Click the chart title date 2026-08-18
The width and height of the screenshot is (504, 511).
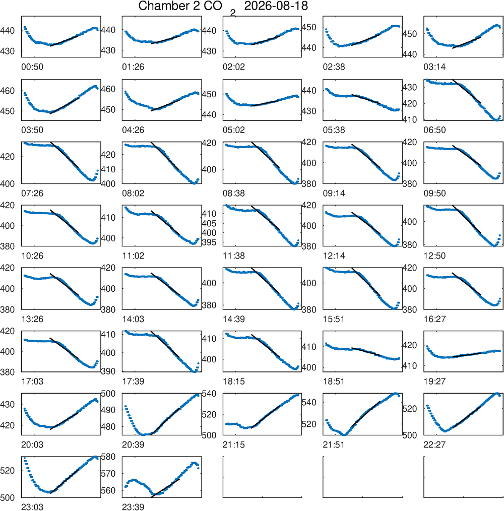[276, 6]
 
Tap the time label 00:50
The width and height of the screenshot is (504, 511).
[32, 67]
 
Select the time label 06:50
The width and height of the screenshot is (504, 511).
[434, 130]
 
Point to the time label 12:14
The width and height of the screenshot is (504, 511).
[334, 256]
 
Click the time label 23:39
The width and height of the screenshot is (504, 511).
[133, 507]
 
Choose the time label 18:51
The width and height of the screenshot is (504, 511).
[334, 381]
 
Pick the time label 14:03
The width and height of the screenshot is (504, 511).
[133, 319]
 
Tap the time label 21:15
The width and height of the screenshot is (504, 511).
[234, 444]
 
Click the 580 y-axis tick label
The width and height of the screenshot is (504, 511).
[108, 457]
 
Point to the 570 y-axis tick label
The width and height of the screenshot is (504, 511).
[108, 473]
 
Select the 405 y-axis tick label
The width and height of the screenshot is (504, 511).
[209, 223]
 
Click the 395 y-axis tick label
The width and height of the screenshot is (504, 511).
[209, 242]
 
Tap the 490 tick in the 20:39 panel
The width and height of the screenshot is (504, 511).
[108, 410]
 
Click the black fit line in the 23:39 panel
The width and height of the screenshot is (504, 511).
[165, 488]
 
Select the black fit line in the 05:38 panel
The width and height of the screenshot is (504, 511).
[366, 99]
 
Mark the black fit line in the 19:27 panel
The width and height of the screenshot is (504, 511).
[467, 355]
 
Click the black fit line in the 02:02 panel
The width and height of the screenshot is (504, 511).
[266, 41]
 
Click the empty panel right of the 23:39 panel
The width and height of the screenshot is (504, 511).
[263, 477]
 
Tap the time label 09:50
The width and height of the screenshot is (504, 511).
[434, 193]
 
